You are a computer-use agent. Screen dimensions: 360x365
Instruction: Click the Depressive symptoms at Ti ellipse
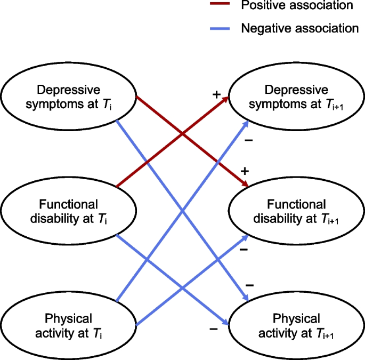pos(68,97)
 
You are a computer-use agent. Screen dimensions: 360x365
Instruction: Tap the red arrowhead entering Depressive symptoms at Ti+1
pos(226,99)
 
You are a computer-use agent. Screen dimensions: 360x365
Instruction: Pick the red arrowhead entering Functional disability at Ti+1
pos(246,185)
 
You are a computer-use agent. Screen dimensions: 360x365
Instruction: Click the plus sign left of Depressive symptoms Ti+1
pos(216,94)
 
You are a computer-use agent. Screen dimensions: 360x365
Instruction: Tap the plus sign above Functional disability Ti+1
pos(245,171)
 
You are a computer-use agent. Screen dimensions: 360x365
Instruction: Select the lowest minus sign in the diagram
pos(214,329)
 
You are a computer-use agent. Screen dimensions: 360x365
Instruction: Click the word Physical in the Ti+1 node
pos(297,319)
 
